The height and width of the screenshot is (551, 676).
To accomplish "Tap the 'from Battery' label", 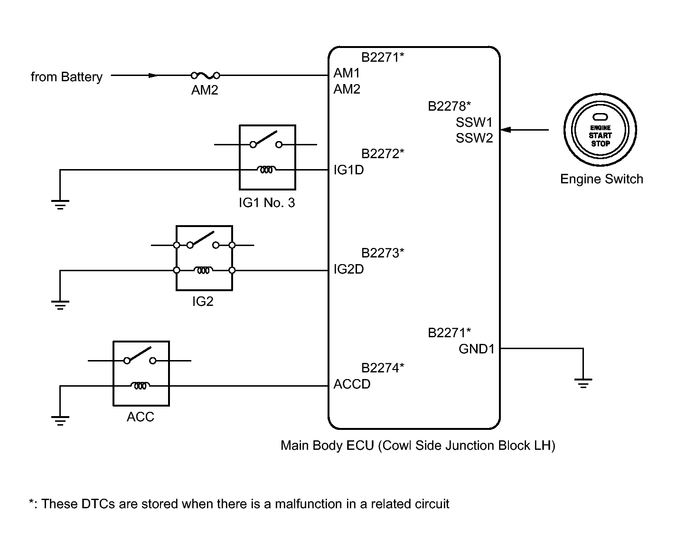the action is click(66, 77).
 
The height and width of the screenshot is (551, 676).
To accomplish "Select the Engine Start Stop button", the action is click(600, 130).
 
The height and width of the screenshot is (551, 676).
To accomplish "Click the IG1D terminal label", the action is click(348, 170).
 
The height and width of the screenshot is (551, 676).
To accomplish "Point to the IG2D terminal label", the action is click(348, 269).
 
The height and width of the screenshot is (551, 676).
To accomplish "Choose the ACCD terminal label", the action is click(352, 384).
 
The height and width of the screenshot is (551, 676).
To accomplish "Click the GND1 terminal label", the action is click(476, 349).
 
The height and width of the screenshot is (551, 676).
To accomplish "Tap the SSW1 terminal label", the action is click(474, 122).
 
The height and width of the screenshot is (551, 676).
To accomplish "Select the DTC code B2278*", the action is click(449, 106).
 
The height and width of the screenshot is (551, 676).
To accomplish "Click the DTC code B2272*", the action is click(383, 154).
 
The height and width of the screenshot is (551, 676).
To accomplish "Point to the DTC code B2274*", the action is click(383, 368).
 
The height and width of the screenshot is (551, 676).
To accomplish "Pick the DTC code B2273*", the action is click(383, 253).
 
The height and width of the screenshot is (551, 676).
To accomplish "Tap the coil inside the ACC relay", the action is click(140, 386).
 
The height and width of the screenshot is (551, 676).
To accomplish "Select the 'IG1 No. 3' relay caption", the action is click(267, 203).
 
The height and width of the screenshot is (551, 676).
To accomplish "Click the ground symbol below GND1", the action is click(583, 383).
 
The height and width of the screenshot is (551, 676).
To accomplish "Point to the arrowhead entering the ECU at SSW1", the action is click(506, 130).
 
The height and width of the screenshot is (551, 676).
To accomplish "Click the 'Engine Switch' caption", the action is click(601, 179).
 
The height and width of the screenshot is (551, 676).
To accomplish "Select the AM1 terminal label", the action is click(347, 73).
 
